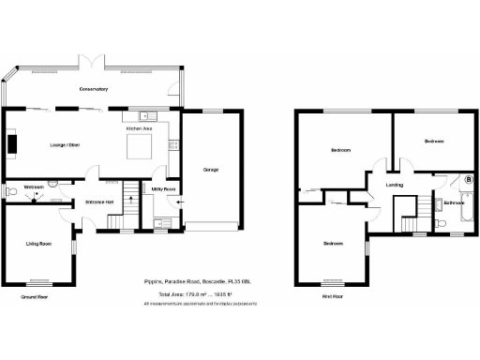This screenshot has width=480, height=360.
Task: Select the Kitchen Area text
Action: coord(139,127)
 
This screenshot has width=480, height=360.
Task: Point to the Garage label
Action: coord(210,170)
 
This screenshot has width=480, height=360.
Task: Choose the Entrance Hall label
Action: coord(99,202)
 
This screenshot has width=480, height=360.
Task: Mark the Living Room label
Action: coord(37,243)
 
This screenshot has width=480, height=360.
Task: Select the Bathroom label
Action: coord(456,202)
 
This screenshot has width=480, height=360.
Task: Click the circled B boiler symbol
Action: coord(468,178)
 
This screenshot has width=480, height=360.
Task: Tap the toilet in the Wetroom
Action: coord(10,192)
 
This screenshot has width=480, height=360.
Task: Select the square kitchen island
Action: coord(140,147)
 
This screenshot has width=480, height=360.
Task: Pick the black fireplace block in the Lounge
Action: coord(13,143)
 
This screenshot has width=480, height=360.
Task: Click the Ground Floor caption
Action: coord(34,296)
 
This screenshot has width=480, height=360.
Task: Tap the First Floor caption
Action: coord(330,296)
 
